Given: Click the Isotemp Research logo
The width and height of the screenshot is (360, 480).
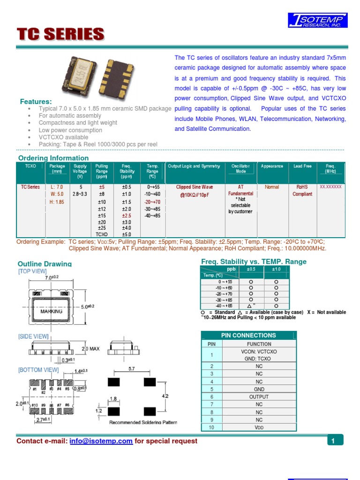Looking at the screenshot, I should (x=318, y=21).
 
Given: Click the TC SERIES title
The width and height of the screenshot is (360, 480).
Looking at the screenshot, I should (x=60, y=34).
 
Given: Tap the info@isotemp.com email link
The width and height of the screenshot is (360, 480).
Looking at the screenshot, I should (x=101, y=441).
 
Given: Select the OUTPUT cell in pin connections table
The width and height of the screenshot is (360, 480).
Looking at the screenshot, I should (x=259, y=397).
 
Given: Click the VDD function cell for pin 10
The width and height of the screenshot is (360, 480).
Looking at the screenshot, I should (x=259, y=427).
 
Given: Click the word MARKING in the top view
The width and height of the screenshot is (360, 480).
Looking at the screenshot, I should (x=52, y=311).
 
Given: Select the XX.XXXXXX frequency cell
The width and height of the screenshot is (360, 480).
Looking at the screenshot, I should (x=330, y=187).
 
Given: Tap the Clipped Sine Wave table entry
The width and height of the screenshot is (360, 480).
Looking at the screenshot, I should (x=195, y=187).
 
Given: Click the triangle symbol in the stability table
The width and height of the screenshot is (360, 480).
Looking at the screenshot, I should (x=250, y=305).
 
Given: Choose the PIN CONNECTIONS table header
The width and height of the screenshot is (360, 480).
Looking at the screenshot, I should (x=248, y=335).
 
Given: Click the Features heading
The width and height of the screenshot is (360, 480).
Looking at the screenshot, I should (x=36, y=102).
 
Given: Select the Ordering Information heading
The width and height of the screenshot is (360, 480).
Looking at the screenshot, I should (x=53, y=158).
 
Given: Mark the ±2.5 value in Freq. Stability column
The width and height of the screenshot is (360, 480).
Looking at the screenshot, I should (x=127, y=216).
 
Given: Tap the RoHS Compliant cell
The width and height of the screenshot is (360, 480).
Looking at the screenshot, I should (x=302, y=190).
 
